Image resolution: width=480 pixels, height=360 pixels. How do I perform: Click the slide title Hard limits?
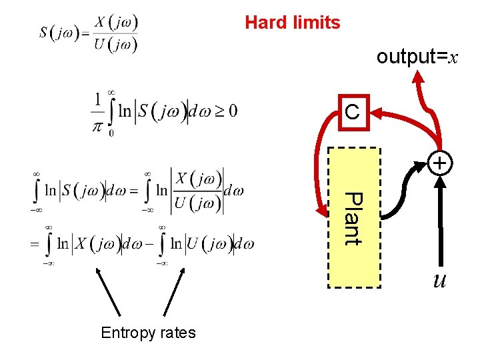click(292, 23)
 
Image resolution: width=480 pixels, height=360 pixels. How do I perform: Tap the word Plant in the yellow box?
click(354, 219)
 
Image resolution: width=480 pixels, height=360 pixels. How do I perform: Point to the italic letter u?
click(440, 280)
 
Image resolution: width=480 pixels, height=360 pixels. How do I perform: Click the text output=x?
click(417, 57)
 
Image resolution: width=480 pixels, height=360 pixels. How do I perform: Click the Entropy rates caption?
click(148, 333)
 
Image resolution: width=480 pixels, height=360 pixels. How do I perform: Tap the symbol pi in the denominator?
click(99, 125)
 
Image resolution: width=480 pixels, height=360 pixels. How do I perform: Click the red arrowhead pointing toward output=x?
click(418, 77)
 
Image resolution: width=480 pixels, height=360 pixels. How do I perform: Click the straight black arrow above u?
click(440, 220)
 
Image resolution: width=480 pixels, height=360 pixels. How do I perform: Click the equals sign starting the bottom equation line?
click(34, 244)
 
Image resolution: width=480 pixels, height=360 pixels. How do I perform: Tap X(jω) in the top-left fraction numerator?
click(115, 22)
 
